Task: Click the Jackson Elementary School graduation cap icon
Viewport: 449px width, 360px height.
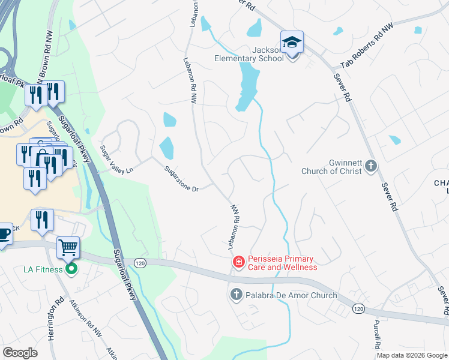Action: [x=292, y=43]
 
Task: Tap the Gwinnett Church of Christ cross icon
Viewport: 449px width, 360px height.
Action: [x=371, y=166]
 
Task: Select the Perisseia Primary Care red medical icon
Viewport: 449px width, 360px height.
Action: [x=238, y=262]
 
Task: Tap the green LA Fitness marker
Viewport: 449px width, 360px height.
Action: [x=71, y=269]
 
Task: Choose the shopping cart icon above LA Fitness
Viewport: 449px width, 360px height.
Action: [x=68, y=247]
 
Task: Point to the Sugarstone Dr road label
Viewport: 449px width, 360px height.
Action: [x=182, y=179]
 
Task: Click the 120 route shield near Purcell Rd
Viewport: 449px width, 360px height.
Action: [x=358, y=308]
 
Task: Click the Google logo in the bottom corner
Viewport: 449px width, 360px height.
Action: [x=20, y=353]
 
